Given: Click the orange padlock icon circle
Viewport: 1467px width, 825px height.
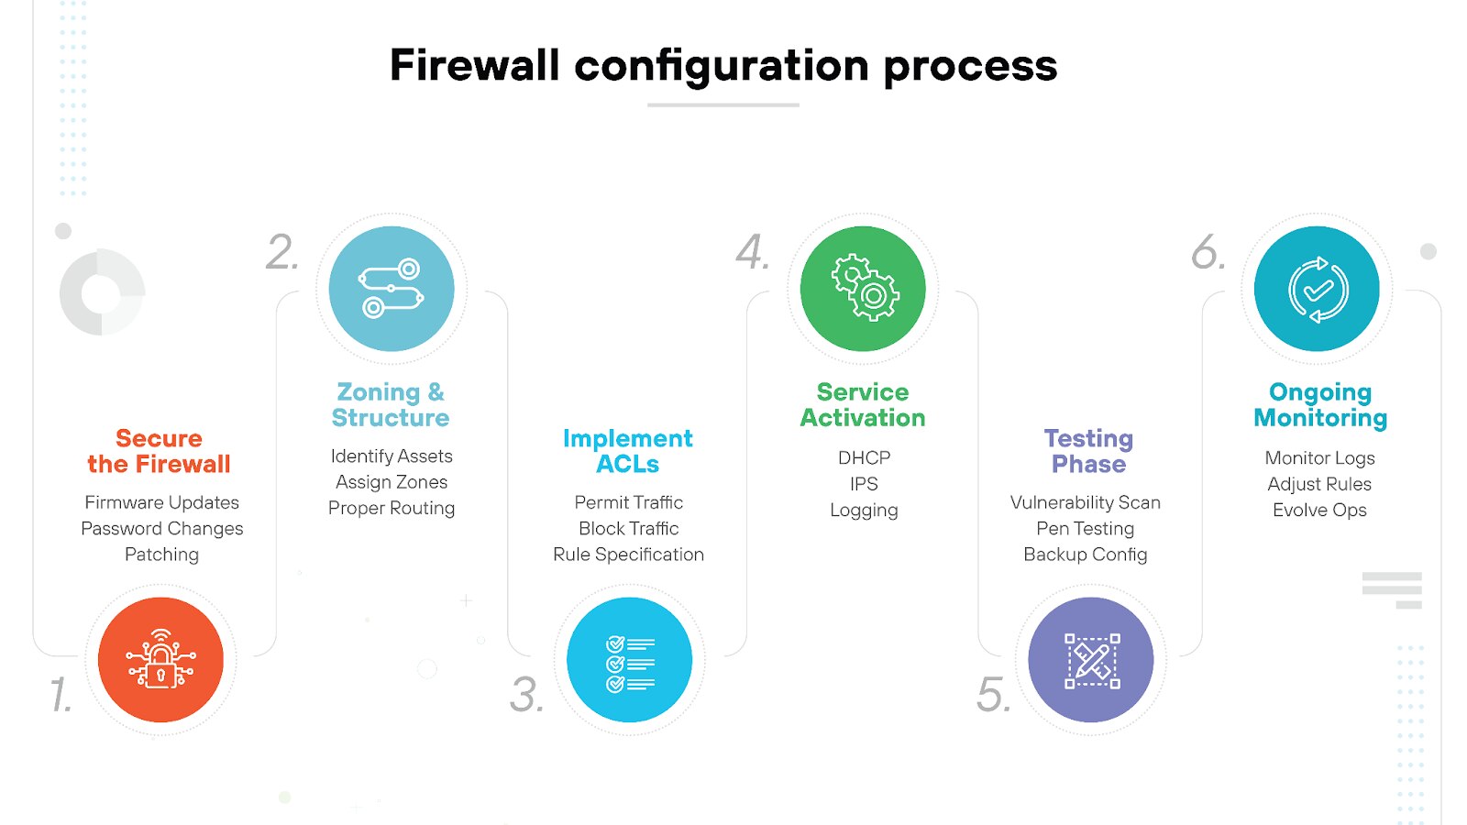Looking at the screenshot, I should pyautogui.click(x=160, y=660).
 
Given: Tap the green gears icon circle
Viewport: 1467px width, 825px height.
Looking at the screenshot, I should pyautogui.click(x=863, y=289).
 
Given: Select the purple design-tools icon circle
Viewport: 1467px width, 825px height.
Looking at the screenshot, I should pyautogui.click(x=1091, y=660).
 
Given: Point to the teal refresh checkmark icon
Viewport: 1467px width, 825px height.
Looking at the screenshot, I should pyautogui.click(x=1318, y=290).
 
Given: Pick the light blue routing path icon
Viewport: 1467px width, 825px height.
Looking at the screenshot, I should pyautogui.click(x=392, y=289).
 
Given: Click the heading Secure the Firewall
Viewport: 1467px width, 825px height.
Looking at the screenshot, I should pyautogui.click(x=159, y=451).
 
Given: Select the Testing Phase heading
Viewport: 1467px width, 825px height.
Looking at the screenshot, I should pyautogui.click(x=1088, y=451).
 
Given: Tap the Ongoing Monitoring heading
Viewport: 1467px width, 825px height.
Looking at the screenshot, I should pyautogui.click(x=1320, y=404).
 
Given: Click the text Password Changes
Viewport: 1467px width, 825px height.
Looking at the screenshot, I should pyautogui.click(x=162, y=528).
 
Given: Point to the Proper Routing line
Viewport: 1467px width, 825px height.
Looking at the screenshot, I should pyautogui.click(x=392, y=508).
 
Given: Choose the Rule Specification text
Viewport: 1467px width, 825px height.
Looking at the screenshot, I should pyautogui.click(x=628, y=554).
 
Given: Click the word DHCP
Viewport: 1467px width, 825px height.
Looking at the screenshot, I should pyautogui.click(x=864, y=457).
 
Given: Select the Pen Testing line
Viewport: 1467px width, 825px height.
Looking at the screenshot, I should pyautogui.click(x=1085, y=528).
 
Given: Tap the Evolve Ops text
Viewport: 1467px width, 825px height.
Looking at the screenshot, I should pyautogui.click(x=1319, y=510).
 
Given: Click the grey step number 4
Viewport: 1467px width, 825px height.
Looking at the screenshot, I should pyautogui.click(x=752, y=252).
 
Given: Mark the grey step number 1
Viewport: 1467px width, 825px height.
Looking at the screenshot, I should pyautogui.click(x=61, y=695).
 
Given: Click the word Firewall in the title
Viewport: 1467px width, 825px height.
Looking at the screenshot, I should pyautogui.click(x=474, y=66).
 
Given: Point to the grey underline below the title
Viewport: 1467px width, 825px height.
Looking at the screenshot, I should pyautogui.click(x=722, y=105).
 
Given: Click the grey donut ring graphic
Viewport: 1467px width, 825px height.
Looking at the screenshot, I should pyautogui.click(x=102, y=291).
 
